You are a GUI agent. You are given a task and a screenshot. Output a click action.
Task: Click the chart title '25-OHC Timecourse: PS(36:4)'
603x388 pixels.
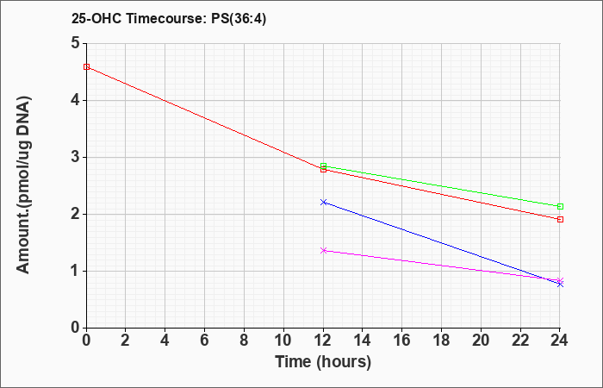(169, 18)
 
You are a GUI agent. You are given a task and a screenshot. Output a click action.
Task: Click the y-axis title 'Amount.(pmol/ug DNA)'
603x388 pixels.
(23, 185)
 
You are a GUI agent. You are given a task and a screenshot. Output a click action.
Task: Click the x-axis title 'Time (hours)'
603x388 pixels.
(323, 362)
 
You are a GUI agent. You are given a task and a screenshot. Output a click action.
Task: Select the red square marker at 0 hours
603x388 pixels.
(86, 66)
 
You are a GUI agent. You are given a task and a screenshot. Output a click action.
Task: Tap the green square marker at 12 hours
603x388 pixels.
(323, 166)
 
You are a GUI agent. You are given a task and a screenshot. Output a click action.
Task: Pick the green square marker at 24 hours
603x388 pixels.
(560, 206)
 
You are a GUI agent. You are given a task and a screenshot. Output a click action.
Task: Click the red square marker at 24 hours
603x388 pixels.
(560, 219)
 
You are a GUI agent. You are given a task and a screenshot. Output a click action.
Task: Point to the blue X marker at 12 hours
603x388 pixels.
(323, 202)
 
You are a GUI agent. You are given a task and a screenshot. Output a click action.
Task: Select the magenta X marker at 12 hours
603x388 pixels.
(323, 251)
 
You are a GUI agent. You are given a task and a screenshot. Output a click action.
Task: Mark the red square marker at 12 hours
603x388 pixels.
(323, 169)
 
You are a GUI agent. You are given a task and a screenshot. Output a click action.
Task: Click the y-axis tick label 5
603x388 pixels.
(75, 43)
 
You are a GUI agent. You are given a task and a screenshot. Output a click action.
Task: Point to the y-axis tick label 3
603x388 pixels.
(75, 158)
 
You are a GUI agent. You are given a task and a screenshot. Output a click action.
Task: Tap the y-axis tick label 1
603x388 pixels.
(75, 272)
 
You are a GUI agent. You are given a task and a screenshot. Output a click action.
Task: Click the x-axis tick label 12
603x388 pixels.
(323, 341)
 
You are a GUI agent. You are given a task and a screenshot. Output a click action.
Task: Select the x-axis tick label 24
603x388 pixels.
(560, 341)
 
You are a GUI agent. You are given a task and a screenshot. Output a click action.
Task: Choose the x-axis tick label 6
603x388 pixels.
(205, 341)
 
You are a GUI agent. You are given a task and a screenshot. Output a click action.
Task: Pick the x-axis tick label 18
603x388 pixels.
(441, 341)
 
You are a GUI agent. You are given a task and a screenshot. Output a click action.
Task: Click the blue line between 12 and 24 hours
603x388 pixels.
(442, 243)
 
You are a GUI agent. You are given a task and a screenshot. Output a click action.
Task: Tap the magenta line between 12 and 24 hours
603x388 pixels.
(442, 266)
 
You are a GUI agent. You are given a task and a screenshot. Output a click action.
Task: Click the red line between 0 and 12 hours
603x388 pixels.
(205, 118)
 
